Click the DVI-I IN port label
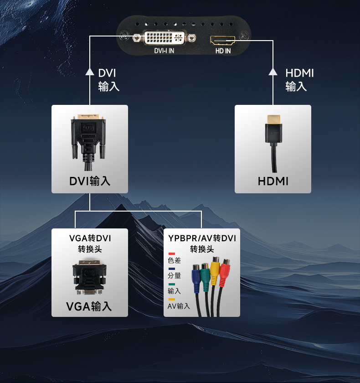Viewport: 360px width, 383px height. click(x=164, y=51)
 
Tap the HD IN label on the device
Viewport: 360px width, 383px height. click(x=223, y=51)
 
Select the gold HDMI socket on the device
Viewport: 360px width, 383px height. click(x=222, y=40)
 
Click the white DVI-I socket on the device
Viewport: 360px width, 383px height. click(x=165, y=37)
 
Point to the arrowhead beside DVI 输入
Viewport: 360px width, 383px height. click(x=90, y=72)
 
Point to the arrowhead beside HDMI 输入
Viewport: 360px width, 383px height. click(x=273, y=72)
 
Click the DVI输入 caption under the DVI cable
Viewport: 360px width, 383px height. click(x=90, y=181)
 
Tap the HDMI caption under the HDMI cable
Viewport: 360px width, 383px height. click(x=273, y=181)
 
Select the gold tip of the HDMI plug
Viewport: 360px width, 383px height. click(x=273, y=119)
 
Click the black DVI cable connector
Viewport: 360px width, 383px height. click(x=88, y=142)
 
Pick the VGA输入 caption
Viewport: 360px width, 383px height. click(x=89, y=306)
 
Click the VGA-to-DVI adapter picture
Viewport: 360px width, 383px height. click(x=90, y=277)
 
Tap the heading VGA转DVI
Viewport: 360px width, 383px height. click(x=90, y=238)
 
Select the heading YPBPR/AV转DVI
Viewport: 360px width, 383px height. click(x=202, y=238)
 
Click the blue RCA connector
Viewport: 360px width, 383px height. click(x=196, y=279)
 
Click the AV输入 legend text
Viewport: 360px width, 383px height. click(x=179, y=306)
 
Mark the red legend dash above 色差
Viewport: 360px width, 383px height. click(x=172, y=254)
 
